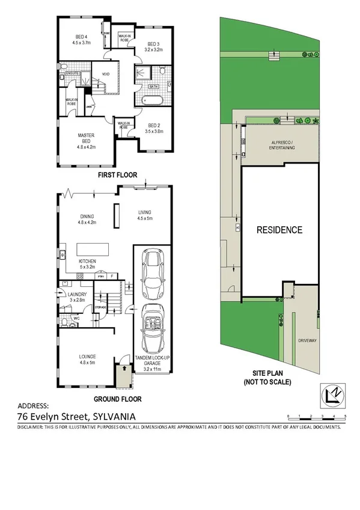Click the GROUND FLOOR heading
(117, 398)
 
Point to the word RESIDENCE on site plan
(279, 230)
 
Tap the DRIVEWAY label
(307, 341)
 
